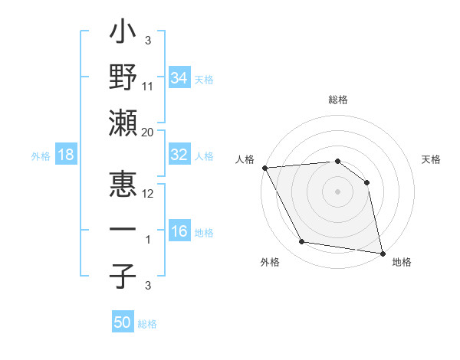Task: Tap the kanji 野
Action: pyautogui.click(x=123, y=79)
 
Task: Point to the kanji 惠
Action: pyautogui.click(x=123, y=187)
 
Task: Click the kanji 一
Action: pyautogui.click(x=123, y=231)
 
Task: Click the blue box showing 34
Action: pyautogui.click(x=179, y=77)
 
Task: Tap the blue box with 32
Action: pyautogui.click(x=179, y=155)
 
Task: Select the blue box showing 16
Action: pyautogui.click(x=179, y=232)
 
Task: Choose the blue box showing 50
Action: pyautogui.click(x=123, y=322)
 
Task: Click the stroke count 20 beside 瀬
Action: pyautogui.click(x=148, y=133)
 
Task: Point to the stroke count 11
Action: pyautogui.click(x=148, y=86)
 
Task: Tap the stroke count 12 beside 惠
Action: pyautogui.click(x=148, y=194)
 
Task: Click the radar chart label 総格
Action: pyautogui.click(x=338, y=100)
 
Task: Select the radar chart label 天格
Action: pyautogui.click(x=432, y=159)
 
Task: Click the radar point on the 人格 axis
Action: pyautogui.click(x=264, y=168)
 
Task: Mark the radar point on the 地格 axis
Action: pyautogui.click(x=382, y=253)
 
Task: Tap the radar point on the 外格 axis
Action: pyautogui.click(x=302, y=242)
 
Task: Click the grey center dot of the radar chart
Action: pyautogui.click(x=338, y=191)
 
